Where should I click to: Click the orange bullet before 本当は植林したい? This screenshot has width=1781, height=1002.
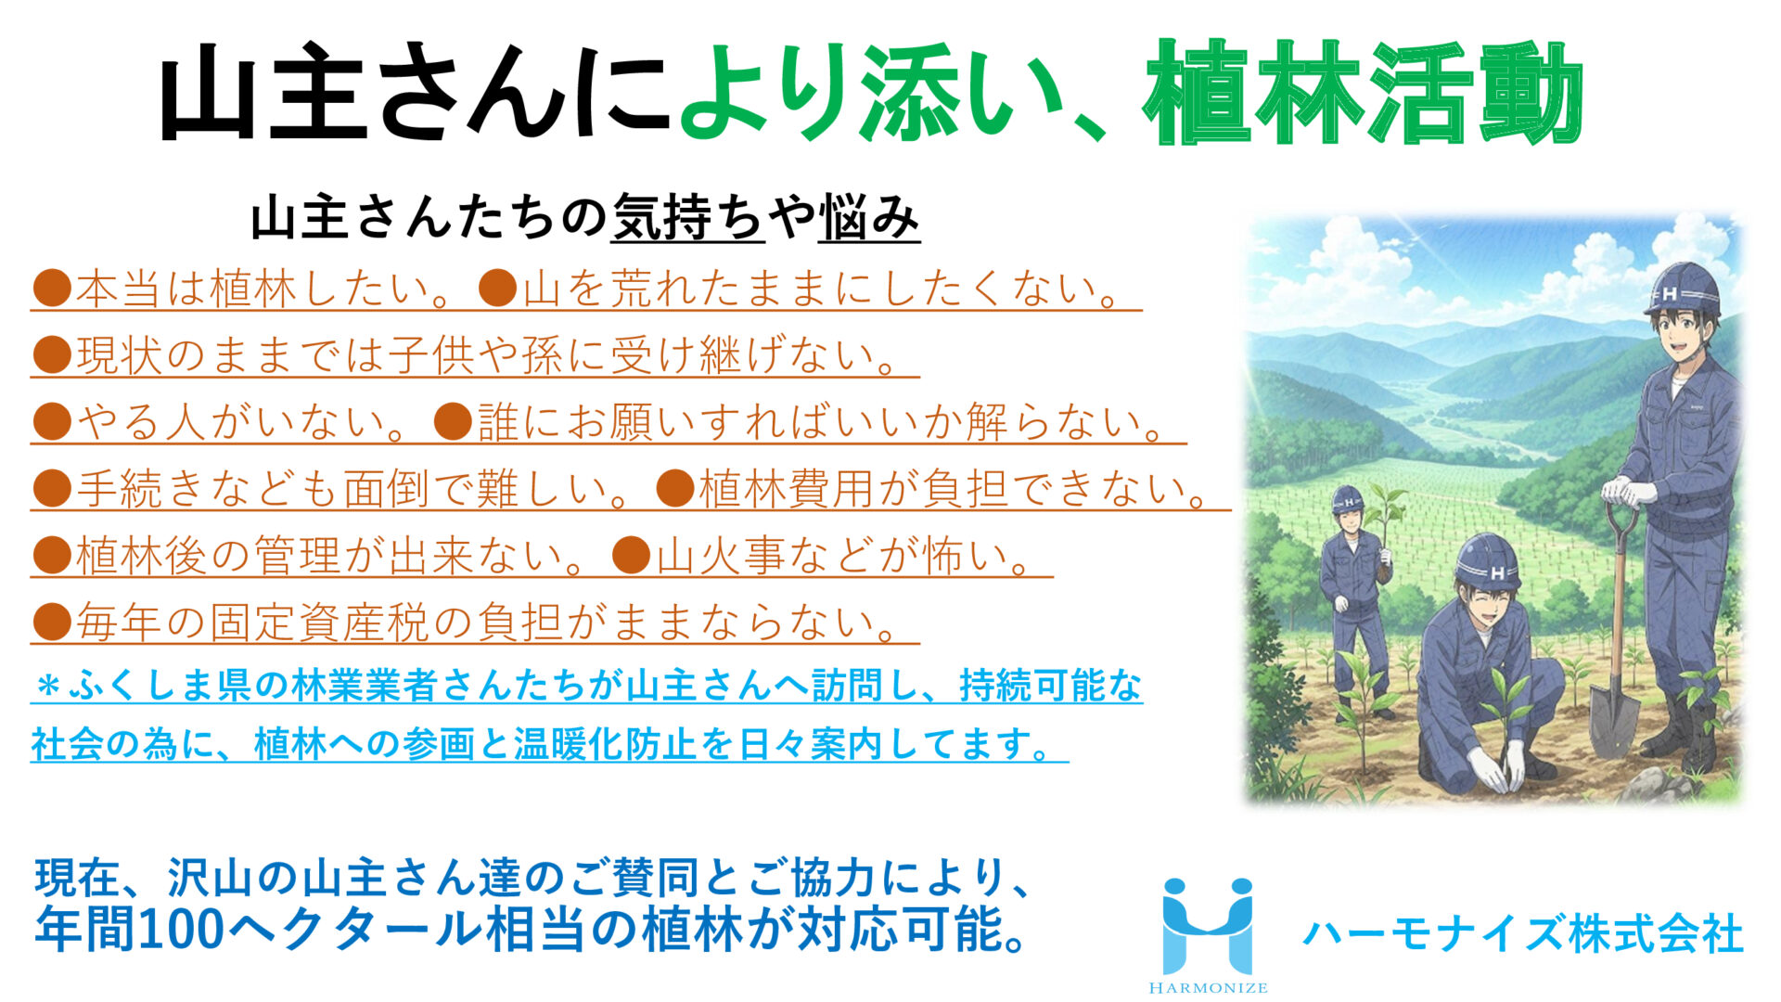pos(52,289)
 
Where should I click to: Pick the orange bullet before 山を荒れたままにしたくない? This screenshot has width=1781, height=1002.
pos(498,289)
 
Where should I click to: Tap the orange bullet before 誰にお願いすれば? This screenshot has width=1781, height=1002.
pos(454,421)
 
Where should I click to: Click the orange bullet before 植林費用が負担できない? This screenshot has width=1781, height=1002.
pos(675,488)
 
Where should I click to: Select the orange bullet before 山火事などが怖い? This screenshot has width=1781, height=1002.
pos(632,555)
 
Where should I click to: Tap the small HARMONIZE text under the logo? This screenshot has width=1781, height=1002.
pos(1208,988)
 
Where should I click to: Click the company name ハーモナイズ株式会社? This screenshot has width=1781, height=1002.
pos(1522,933)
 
